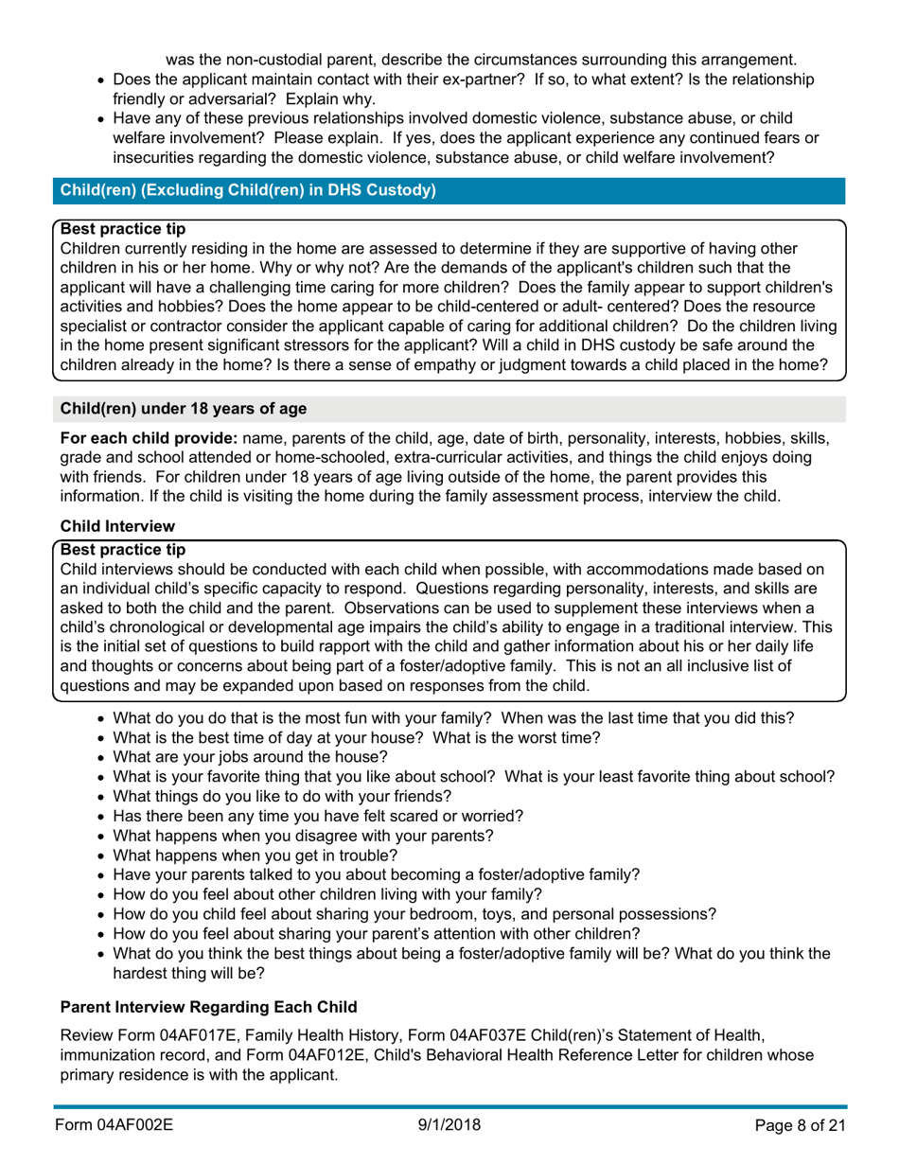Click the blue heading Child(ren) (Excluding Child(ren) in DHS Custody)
[x=248, y=190]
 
